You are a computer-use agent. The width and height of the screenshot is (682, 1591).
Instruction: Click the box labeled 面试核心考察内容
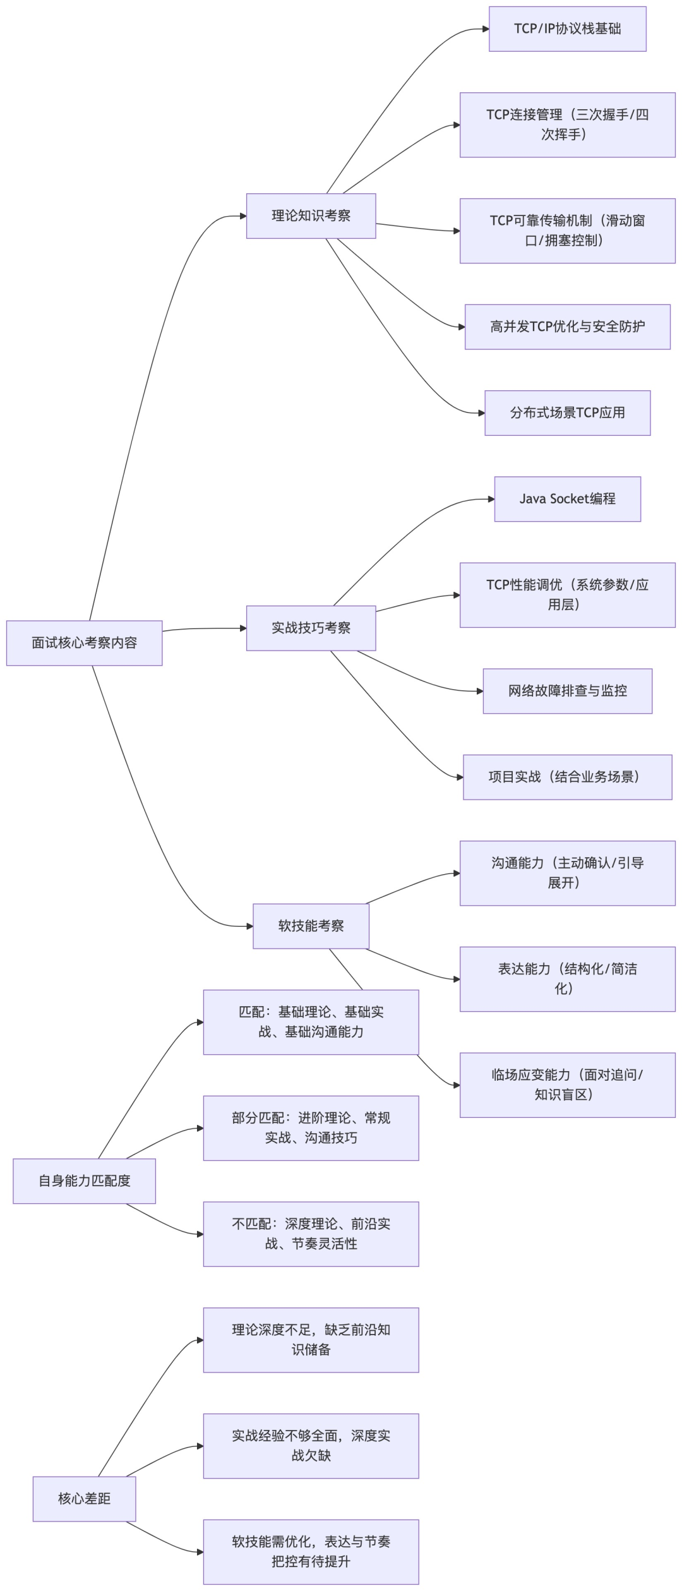(84, 643)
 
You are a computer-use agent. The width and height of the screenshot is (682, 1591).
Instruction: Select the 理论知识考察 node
(311, 216)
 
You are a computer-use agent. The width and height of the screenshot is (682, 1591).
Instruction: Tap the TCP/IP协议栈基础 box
(567, 29)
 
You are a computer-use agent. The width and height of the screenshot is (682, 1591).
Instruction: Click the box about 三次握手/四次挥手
(567, 125)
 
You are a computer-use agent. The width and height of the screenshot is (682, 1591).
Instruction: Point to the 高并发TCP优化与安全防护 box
(567, 327)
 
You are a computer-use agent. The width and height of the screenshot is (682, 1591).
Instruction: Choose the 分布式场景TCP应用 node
(567, 413)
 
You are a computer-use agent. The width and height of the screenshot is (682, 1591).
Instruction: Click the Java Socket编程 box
(567, 499)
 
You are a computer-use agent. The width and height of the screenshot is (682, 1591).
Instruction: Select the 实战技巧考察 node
(311, 628)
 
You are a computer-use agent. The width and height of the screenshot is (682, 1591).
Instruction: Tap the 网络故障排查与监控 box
(567, 691)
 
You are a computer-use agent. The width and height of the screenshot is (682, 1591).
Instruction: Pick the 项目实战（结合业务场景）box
(567, 777)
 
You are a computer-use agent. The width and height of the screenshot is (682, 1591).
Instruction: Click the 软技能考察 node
(311, 926)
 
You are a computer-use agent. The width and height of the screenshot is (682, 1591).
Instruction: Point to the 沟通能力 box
(567, 873)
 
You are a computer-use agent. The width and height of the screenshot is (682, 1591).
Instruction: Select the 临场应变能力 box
(567, 1085)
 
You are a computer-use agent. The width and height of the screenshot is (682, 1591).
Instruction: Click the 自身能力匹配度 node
(84, 1181)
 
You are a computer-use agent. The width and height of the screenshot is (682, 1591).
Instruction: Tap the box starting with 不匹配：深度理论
(311, 1234)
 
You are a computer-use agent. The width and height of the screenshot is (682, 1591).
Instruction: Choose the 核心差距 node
(84, 1499)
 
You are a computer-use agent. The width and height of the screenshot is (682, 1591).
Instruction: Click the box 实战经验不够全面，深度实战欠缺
(311, 1446)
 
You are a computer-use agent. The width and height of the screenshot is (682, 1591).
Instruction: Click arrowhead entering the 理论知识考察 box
(243, 216)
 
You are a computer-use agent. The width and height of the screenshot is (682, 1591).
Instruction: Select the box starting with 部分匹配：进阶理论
(311, 1128)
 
